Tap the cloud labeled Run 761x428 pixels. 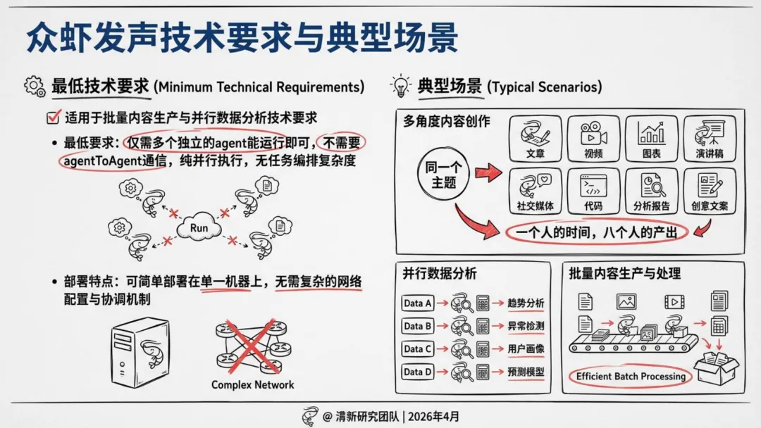(x=199, y=227)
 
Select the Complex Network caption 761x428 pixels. (x=253, y=385)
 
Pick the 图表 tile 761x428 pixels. (x=650, y=139)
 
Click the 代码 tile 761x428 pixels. (x=593, y=191)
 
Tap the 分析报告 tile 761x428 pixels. (x=651, y=191)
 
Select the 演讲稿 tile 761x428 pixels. (x=709, y=139)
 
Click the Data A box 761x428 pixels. (x=417, y=303)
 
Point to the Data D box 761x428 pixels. (x=417, y=371)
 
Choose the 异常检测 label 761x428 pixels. (x=526, y=326)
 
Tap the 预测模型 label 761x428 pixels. (x=526, y=371)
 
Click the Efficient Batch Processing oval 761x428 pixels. (x=631, y=377)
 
